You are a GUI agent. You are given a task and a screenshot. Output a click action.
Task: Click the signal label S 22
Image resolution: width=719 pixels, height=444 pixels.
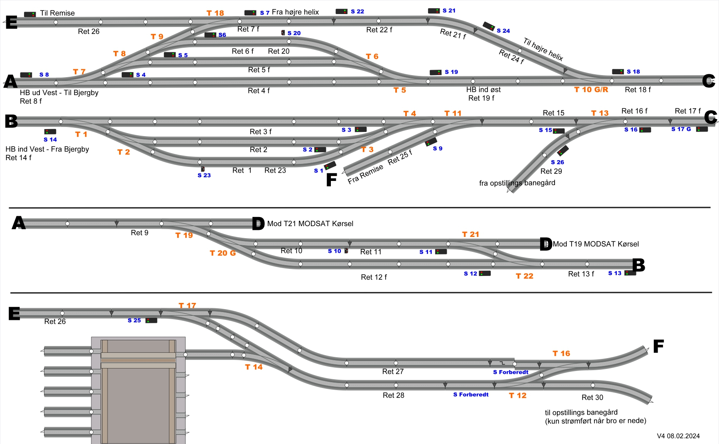357,12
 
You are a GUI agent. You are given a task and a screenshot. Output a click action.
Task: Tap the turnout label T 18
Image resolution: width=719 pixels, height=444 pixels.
215,13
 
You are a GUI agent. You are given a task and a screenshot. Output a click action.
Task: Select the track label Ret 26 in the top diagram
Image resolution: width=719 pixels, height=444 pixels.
88,32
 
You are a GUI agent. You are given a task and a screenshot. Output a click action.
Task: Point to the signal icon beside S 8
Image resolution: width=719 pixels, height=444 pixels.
26,75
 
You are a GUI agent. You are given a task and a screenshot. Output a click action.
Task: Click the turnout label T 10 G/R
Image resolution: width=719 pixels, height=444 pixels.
591,90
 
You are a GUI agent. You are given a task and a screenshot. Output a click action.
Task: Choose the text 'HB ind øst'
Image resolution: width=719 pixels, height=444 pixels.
483,90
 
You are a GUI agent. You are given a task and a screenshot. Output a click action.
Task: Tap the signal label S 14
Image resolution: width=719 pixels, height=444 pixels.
50,140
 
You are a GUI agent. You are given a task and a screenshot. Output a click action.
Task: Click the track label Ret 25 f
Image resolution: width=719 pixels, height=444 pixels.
400,157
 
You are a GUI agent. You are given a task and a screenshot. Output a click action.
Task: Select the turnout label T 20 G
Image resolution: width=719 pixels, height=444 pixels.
223,253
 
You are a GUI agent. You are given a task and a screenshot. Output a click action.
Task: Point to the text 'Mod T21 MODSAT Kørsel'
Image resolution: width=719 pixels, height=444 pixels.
310,224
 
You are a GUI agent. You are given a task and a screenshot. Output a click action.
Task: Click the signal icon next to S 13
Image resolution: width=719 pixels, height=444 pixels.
630,273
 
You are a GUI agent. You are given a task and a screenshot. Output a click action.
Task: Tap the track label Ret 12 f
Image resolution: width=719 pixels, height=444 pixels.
374,277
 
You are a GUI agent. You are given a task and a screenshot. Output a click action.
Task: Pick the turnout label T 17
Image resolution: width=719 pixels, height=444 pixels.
187,306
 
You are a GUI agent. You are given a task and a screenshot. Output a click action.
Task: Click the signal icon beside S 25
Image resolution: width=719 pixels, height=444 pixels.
151,320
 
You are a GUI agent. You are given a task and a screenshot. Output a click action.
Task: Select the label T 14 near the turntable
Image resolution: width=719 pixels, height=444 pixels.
254,367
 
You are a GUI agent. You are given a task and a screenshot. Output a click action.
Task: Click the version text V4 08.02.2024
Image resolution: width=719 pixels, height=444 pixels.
678,436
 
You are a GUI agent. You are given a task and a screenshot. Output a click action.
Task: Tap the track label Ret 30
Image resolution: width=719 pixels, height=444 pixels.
592,398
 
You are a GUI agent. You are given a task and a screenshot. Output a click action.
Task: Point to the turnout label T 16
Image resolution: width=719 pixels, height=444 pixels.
561,354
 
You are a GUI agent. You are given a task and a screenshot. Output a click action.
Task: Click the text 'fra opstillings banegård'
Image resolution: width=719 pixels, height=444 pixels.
517,183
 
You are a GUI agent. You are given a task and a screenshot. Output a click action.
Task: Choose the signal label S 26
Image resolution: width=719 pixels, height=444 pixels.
557,162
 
